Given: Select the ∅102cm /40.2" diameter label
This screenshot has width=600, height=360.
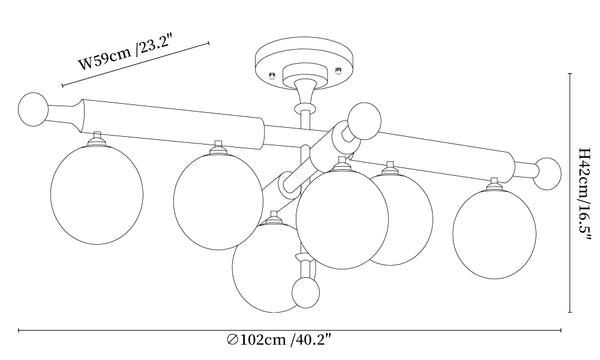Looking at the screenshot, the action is [278, 339].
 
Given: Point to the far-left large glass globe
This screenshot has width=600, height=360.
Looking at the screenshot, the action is [97, 195].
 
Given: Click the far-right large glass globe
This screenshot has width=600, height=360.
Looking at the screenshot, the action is [494, 234].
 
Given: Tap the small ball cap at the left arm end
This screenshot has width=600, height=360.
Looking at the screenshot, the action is [33, 109].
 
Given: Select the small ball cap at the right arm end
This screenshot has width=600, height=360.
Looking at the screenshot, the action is [547, 174].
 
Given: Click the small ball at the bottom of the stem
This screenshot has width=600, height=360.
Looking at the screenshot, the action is [305, 293].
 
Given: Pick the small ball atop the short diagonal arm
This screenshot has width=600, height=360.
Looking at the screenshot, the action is [364, 121].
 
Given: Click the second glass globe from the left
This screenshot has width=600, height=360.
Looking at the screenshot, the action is [218, 202].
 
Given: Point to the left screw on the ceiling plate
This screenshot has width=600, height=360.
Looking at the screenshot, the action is [272, 74].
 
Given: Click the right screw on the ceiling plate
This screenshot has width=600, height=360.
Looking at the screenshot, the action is [338, 70].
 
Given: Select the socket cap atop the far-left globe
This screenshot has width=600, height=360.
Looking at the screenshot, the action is [97, 139].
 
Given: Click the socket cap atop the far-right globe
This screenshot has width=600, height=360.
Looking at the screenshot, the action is [494, 184].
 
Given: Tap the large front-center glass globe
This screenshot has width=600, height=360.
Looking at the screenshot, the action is [342, 219].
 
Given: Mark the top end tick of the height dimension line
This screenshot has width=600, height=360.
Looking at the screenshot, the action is [570, 73].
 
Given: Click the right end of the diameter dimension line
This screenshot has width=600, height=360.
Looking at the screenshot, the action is [561, 330].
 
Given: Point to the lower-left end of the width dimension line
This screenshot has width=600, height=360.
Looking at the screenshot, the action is [62, 86].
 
